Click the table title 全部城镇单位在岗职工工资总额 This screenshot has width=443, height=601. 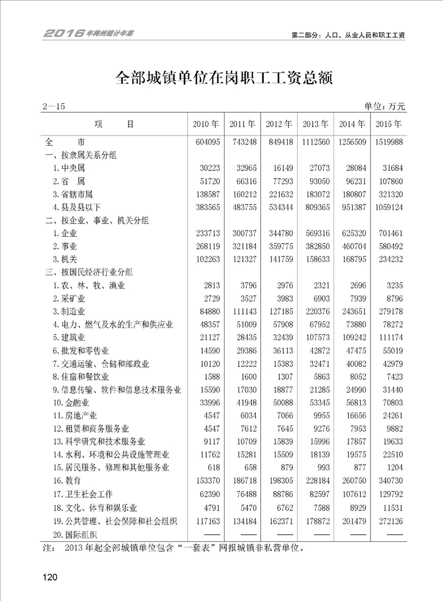coord(223,77)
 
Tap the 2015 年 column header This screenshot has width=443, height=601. coord(390,124)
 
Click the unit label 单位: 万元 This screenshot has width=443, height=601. coord(384,106)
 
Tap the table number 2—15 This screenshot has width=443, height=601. coord(54,106)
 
